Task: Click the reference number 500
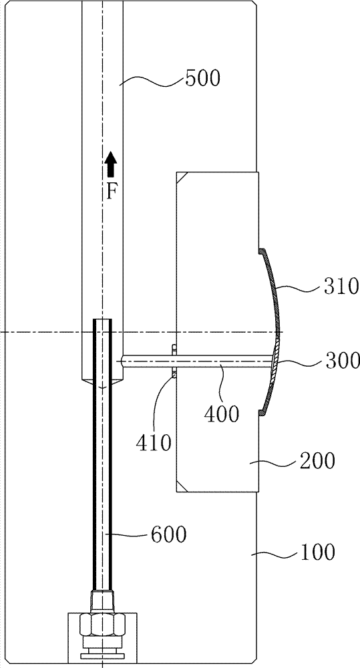coord(202,79)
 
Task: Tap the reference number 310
coord(341,287)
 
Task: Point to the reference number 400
coord(222,413)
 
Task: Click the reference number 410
coord(154,443)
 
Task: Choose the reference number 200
coord(317,461)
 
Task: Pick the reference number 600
coord(169,534)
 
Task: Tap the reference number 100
coord(318,552)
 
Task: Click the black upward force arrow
coord(111,164)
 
